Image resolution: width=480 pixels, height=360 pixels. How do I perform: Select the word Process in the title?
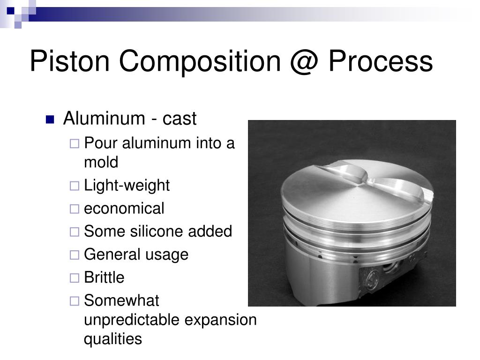pos(380,61)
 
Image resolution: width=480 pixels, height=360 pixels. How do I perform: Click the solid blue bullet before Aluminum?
pos(50,119)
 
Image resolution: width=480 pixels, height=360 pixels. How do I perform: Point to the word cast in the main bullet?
pos(180,119)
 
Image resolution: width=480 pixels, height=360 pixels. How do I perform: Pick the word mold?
pos(101,163)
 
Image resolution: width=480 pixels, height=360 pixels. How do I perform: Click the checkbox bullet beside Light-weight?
pos(74,186)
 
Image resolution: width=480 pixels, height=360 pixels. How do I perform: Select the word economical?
pos(124,209)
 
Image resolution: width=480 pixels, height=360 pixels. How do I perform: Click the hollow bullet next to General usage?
pos(74,255)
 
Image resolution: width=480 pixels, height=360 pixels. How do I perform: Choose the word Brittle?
pos(104,277)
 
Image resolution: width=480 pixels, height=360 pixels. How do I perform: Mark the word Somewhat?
pos(121,300)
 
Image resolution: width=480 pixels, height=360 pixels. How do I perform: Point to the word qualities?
pos(112,339)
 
